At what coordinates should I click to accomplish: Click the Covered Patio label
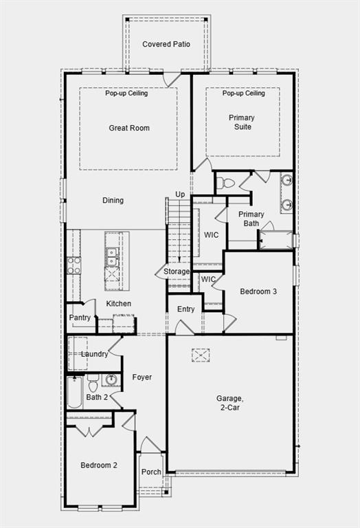pyautogui.click(x=166, y=44)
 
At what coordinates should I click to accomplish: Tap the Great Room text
pyautogui.click(x=129, y=128)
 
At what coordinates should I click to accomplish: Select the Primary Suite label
pyautogui.click(x=240, y=122)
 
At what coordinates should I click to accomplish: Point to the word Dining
pyautogui.click(x=113, y=201)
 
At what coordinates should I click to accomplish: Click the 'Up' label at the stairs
pyautogui.click(x=180, y=195)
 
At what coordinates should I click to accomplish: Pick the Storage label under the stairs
pyautogui.click(x=177, y=272)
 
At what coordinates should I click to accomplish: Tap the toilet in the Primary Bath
pyautogui.click(x=226, y=183)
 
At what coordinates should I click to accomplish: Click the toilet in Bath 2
pyautogui.click(x=93, y=382)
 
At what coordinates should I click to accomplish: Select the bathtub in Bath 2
pyautogui.click(x=75, y=392)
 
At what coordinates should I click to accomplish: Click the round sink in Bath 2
pyautogui.click(x=111, y=380)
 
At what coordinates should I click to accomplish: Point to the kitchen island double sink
pyautogui.click(x=111, y=257)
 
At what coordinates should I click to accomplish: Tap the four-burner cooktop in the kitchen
pyautogui.click(x=74, y=265)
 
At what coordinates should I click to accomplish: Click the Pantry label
pyautogui.click(x=80, y=318)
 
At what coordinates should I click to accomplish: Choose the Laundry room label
pyautogui.click(x=94, y=354)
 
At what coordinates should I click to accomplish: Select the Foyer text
pyautogui.click(x=142, y=377)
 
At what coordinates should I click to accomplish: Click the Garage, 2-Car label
pyautogui.click(x=230, y=403)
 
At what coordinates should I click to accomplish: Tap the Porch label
pyautogui.click(x=151, y=472)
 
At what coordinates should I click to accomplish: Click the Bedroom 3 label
pyautogui.click(x=258, y=291)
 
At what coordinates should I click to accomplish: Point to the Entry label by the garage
pyautogui.click(x=186, y=309)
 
